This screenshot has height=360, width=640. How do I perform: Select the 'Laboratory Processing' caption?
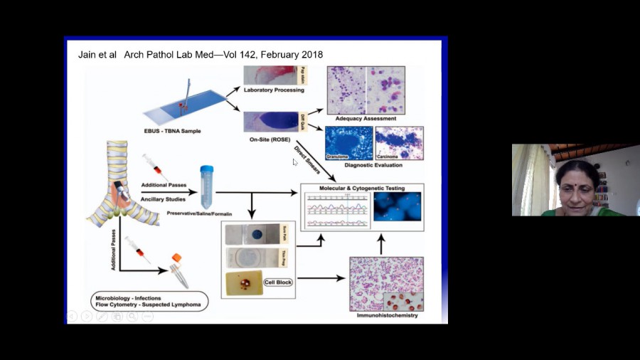point(274,90)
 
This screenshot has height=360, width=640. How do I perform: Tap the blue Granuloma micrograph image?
point(348,142)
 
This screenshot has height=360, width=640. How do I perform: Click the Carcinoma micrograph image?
point(399,142)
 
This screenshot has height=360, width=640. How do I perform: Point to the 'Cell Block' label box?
point(278,282)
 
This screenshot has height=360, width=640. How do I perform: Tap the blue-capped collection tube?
point(206,186)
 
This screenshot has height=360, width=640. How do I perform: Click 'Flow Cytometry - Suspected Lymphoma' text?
point(148,305)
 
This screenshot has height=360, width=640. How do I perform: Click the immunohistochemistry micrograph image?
point(386,284)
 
